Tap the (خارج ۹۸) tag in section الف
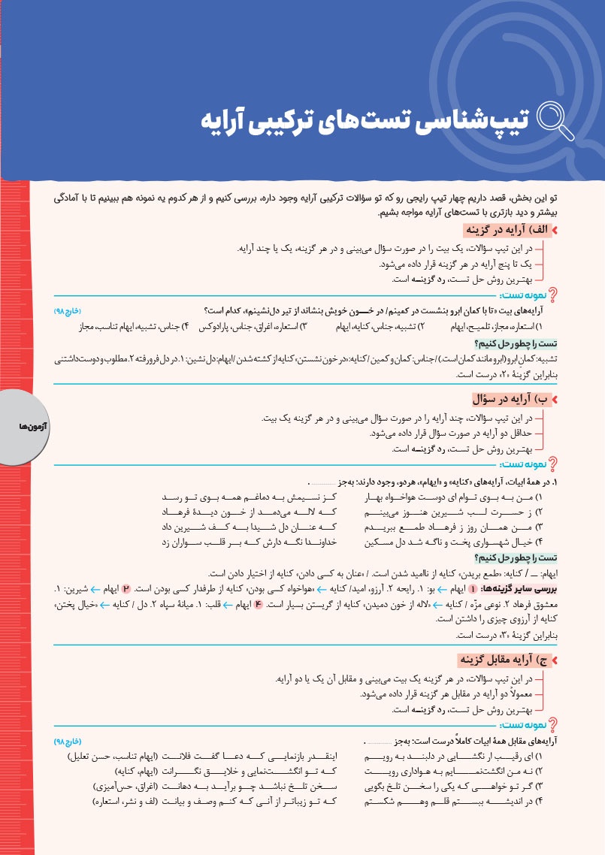pyautogui.click(x=67, y=310)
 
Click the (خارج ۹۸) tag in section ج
pyautogui.click(x=67, y=741)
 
